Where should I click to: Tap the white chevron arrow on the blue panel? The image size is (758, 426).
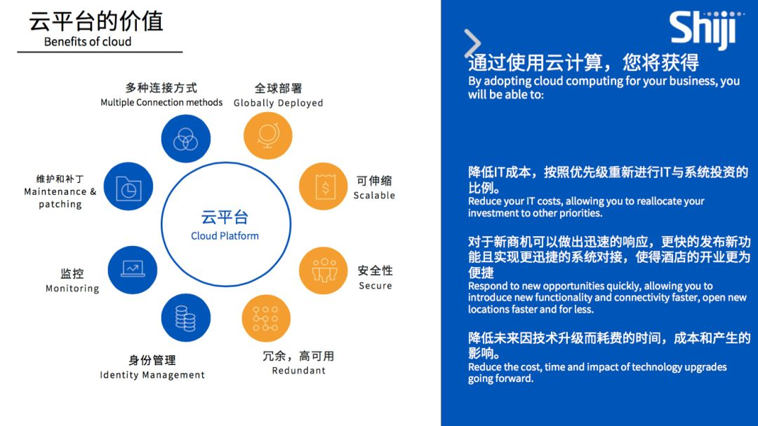coord(472,43)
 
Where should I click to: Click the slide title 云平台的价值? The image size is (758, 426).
coord(95,21)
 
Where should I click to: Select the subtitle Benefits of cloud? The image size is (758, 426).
coord(88,42)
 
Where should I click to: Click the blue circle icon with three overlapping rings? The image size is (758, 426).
coord(185,139)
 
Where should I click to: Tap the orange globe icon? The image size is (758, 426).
coord(268,135)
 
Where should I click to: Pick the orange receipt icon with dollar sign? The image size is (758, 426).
coord(324,186)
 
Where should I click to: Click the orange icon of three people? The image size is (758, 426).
coord(324,270)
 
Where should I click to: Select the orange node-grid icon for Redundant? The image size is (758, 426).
coord(266,318)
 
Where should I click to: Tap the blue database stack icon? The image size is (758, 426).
coord(185,317)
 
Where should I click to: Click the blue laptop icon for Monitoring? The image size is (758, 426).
coord(133,270)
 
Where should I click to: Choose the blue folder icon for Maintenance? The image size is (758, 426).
coord(128,186)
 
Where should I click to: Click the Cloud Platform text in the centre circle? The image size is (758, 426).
coord(225,236)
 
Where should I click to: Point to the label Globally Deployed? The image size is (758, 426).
coord(279,103)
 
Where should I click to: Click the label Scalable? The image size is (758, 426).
coord(374,195)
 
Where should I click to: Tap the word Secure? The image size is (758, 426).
coord(375,286)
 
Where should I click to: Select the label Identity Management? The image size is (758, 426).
coord(152,375)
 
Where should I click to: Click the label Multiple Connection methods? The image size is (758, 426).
coord(161,102)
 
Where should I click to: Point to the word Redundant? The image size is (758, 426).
coord(299,371)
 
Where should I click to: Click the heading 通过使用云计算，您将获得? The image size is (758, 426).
coord(583,63)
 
